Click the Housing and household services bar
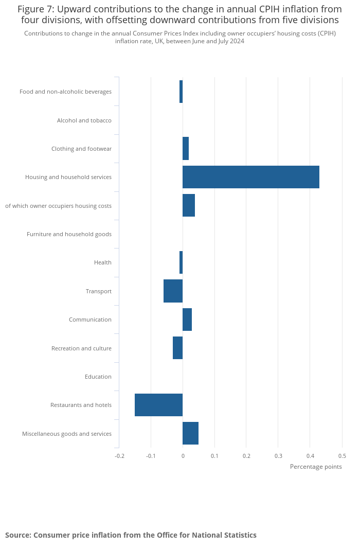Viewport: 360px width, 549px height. pyautogui.click(x=251, y=177)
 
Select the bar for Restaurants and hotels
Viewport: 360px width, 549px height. pyautogui.click(x=158, y=405)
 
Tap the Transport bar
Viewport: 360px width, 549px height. pyautogui.click(x=173, y=291)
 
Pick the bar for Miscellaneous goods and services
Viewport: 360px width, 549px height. pyautogui.click(x=190, y=433)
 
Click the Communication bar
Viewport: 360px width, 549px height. pyautogui.click(x=187, y=320)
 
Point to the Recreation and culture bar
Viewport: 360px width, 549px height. pyautogui.click(x=177, y=348)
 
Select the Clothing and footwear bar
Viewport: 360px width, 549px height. pyautogui.click(x=186, y=149)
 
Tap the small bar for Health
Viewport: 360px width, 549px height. pyautogui.click(x=181, y=262)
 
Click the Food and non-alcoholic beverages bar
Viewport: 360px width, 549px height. pyautogui.click(x=181, y=92)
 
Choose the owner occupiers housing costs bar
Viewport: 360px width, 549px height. pyautogui.click(x=189, y=206)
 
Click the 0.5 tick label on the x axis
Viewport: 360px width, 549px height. pyautogui.click(x=342, y=456)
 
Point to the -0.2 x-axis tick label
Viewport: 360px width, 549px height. pyautogui.click(x=119, y=456)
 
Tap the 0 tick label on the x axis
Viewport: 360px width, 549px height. pyautogui.click(x=183, y=456)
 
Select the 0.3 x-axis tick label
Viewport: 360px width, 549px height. pyautogui.click(x=278, y=456)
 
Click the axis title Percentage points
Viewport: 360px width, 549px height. pyautogui.click(x=316, y=467)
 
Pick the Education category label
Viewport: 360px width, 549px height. pyautogui.click(x=98, y=377)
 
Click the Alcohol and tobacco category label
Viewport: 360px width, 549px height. pyautogui.click(x=84, y=120)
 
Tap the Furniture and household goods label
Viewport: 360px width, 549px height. pyautogui.click(x=69, y=234)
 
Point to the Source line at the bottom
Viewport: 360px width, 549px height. pyautogui.click(x=131, y=535)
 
